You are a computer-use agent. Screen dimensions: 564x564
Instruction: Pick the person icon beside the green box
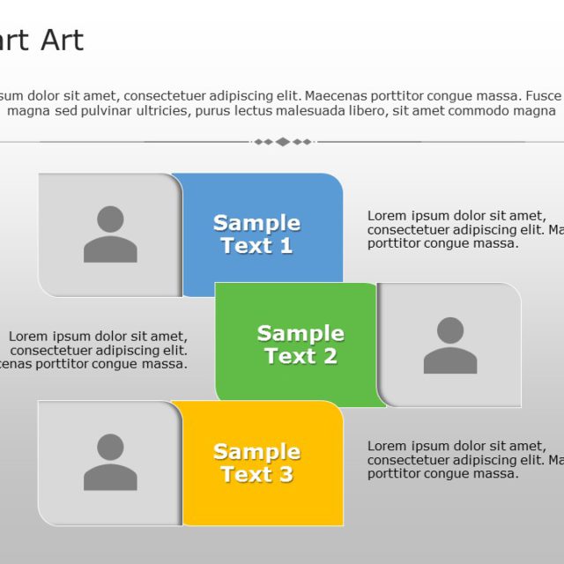449,345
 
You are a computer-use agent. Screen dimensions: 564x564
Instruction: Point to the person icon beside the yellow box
110,463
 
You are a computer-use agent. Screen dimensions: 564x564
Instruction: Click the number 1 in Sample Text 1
286,246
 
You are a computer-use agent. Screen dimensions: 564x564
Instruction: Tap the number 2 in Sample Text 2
329,357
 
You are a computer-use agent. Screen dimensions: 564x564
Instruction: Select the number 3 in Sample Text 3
286,475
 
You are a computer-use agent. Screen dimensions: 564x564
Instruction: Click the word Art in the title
62,41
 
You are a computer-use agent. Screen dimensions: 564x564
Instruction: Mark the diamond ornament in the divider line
282,141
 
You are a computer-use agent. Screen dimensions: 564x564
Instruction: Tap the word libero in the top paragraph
362,111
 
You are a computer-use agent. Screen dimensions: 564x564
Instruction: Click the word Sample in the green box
301,333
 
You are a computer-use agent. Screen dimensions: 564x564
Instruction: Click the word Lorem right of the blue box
385,215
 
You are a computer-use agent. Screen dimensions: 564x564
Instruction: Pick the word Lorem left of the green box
26,336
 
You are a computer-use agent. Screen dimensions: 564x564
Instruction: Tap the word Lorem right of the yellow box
385,446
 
